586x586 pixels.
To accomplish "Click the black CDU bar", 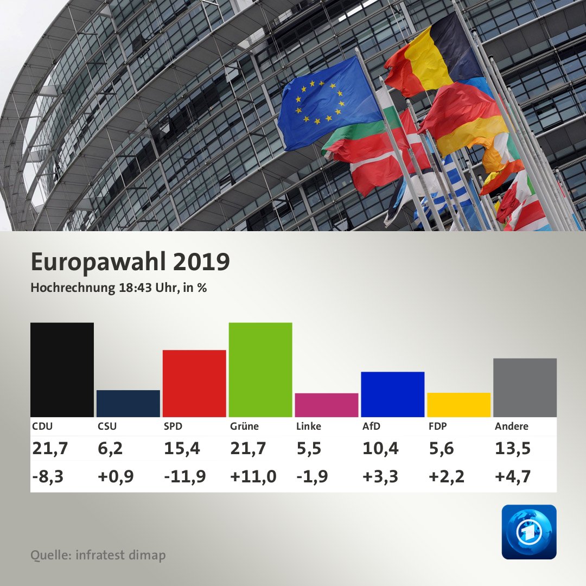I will point(62,370).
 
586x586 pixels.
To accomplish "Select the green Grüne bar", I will point(260,370).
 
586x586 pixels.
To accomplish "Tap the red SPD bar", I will point(194,383).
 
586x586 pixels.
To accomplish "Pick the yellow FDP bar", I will point(458,405).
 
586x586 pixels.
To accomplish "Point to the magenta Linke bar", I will point(326,405).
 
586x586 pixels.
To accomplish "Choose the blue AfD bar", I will point(392,394).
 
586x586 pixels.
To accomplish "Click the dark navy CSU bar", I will point(128,403).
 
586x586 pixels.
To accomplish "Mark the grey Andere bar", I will point(525,387).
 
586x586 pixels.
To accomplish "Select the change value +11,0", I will point(253,476).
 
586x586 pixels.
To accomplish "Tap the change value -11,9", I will point(184,476).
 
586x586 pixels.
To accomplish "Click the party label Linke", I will point(309,426).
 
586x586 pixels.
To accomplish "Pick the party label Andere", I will point(511,426).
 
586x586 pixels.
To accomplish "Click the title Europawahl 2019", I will point(130,262).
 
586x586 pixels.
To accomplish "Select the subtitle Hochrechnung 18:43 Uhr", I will point(118,288).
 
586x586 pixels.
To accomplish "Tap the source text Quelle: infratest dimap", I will point(98,555).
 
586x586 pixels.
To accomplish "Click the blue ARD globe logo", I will point(528,532).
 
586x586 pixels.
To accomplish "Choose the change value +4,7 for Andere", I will point(512,476).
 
